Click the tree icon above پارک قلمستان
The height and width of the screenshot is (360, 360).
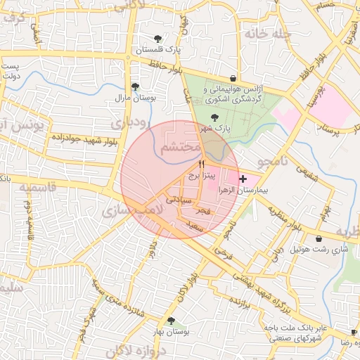pyautogui.click(x=157, y=39)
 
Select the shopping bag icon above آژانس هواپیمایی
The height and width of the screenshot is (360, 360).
pyautogui.click(x=233, y=78)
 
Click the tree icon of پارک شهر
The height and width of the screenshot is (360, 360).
pyautogui.click(x=214, y=117)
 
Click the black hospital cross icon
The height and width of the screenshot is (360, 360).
pyautogui.click(x=243, y=179)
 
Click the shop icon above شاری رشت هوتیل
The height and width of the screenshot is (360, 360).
pyautogui.click(x=320, y=238)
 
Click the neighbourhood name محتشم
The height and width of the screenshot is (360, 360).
pyautogui.click(x=179, y=148)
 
